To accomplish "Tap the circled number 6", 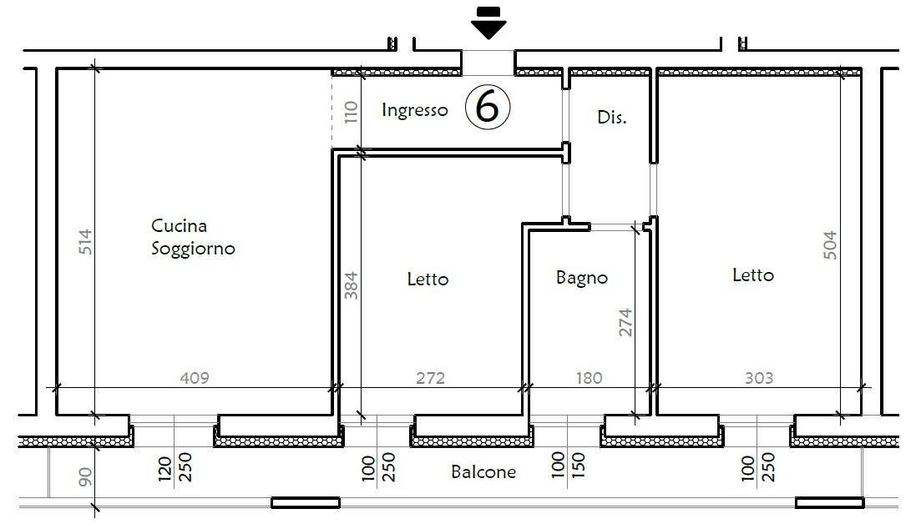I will coord(488,108).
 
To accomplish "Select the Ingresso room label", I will coord(414,110).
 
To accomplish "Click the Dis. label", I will coord(611,118).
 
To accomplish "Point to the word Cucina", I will coord(179,225).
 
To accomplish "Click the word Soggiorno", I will coord(193,249).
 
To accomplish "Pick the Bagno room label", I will coord(582,278).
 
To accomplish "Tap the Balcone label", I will coord(483,472).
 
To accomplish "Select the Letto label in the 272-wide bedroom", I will coord(428,279).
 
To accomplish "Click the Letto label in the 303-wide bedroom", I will coord(752,275).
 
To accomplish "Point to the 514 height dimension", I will coord(85,242).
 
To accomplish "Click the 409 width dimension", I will coord(195,378).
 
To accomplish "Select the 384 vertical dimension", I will coord(351,285).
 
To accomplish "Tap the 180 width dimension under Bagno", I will coord(588,378).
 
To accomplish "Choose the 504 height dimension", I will coord(830,245).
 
